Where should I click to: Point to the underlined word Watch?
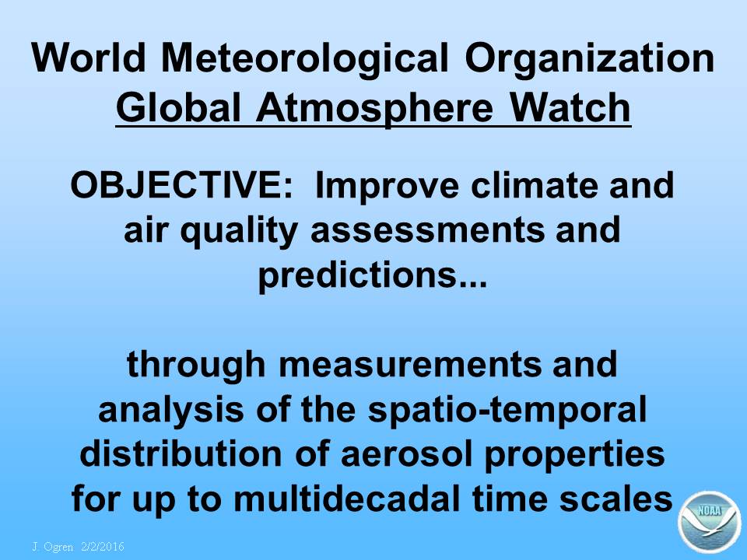click(570, 107)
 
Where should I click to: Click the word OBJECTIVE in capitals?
click(181, 185)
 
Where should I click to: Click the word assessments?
click(427, 230)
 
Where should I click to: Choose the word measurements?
click(410, 365)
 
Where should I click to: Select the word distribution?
click(181, 453)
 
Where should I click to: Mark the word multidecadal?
click(347, 499)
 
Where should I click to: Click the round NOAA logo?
click(710, 523)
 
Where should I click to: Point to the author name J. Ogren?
click(53, 546)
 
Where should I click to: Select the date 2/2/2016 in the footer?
click(103, 546)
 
